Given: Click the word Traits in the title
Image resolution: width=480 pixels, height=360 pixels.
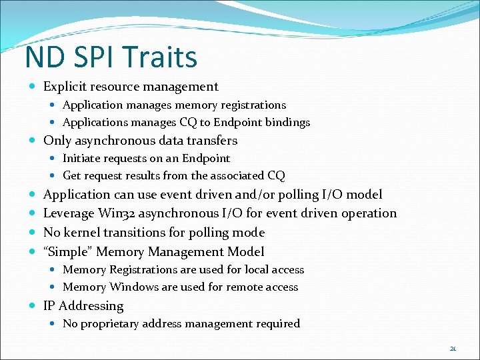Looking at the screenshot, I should [165, 57].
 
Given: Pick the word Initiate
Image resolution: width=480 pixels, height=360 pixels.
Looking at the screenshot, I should [82, 158].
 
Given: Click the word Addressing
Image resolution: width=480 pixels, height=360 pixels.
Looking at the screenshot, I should [91, 306].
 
